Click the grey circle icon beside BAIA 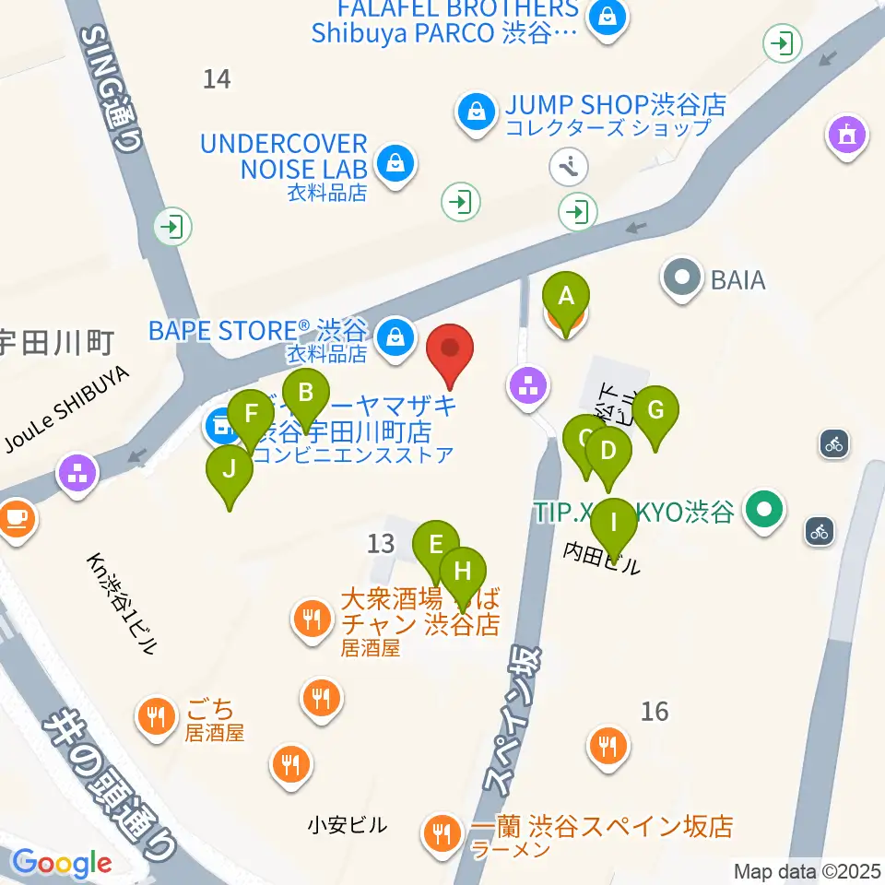pos(682,277)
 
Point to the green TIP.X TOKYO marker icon pos(764,511)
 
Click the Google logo pos(61,863)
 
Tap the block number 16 pos(655,711)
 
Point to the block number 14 pos(217,79)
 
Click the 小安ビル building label pos(348,825)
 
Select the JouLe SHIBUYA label pos(67,413)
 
